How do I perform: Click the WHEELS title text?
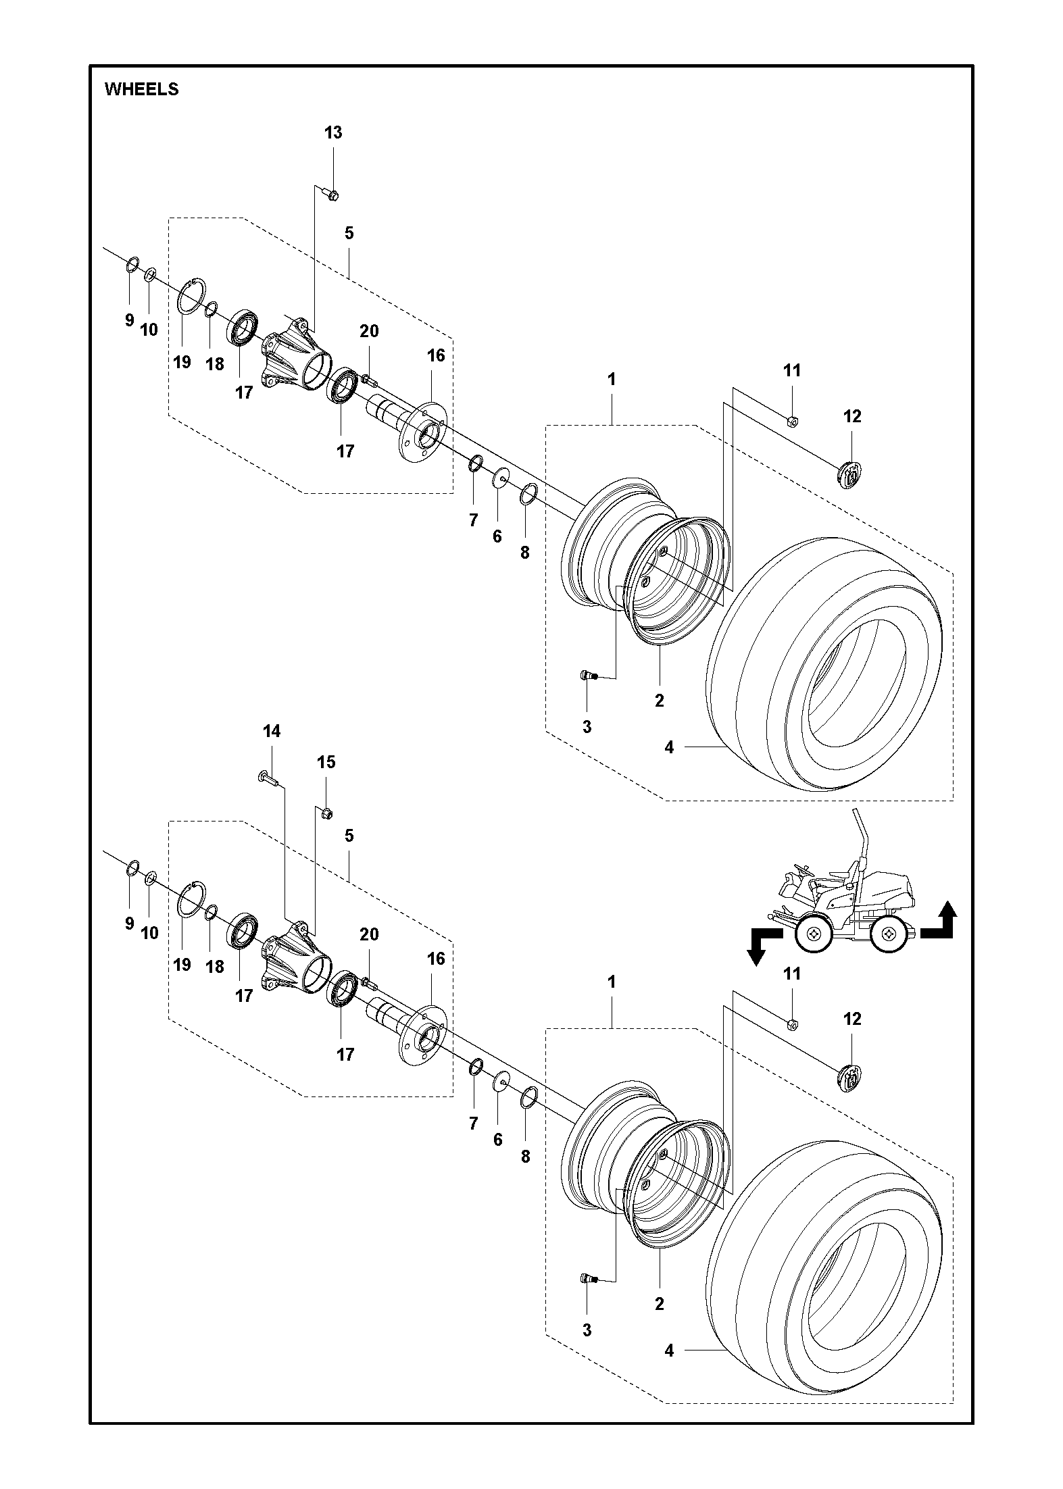[x=141, y=89]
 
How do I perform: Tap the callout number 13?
[x=333, y=132]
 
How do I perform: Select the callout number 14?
[x=271, y=731]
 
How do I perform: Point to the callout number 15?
[x=326, y=762]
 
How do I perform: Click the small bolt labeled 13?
[x=332, y=195]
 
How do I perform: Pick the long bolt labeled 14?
[x=268, y=778]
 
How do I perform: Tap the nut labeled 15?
[x=326, y=812]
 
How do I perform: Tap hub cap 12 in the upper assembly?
[x=850, y=475]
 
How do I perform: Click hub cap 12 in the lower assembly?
[x=850, y=1079]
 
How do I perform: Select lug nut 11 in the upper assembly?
[x=793, y=422]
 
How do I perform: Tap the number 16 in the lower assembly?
[x=436, y=958]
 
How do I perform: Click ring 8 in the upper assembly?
[x=528, y=495]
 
